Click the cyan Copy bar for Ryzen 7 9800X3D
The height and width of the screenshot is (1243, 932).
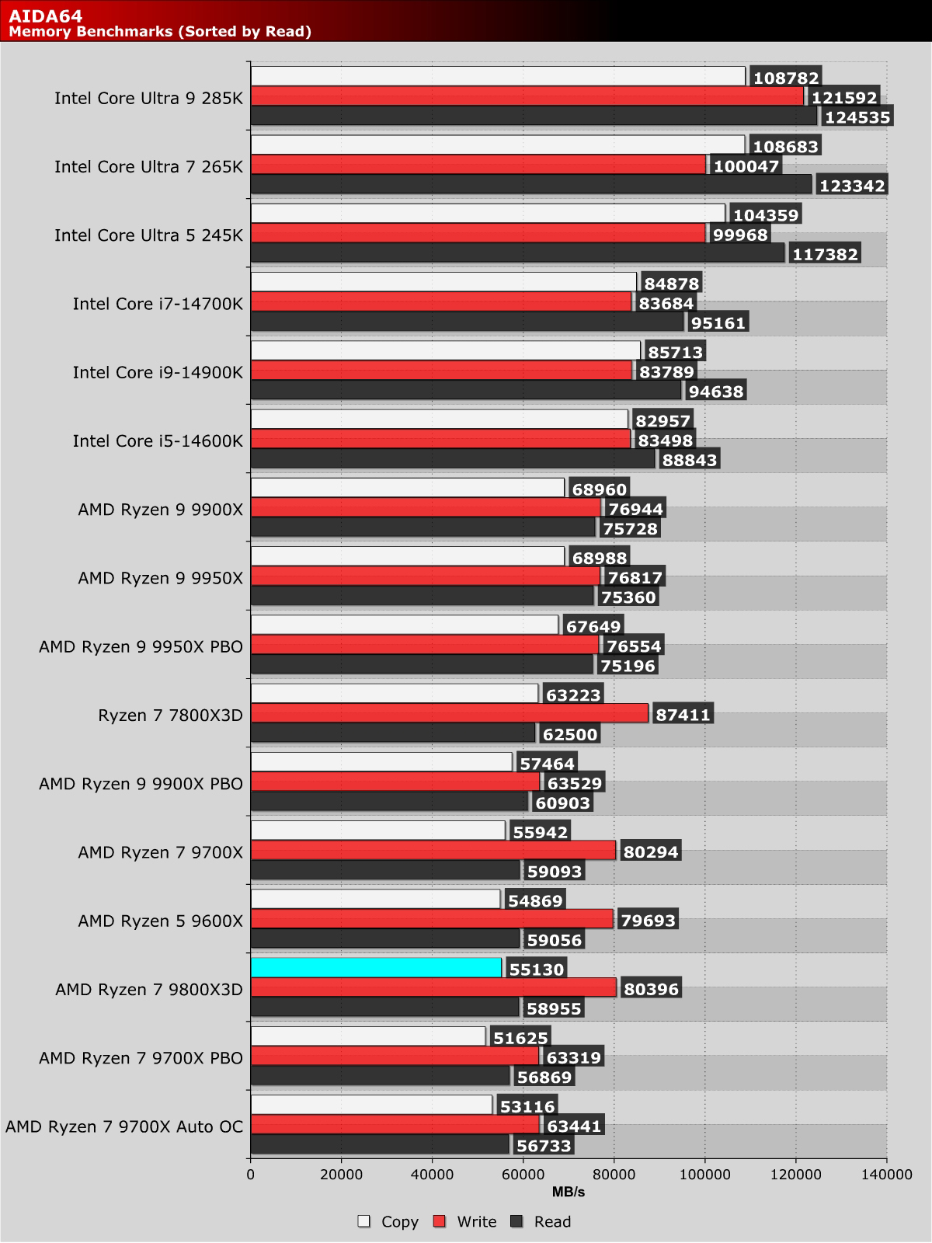coord(376,968)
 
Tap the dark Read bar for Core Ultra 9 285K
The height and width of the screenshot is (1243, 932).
coord(534,117)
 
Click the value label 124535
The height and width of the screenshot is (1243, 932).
coord(857,117)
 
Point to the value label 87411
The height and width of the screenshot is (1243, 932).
coord(683,715)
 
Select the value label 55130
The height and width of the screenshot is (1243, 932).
coord(536,969)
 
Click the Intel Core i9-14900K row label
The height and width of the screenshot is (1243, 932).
coord(158,372)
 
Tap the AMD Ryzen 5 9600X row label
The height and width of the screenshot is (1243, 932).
coord(160,921)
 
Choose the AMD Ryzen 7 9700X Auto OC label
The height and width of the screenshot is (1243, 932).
coord(124,1126)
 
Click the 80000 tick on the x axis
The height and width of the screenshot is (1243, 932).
coord(614,1175)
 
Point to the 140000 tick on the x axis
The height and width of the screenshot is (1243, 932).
coord(886,1175)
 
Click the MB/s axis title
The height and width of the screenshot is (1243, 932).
coord(569,1192)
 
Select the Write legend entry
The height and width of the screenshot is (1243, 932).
coord(466,1222)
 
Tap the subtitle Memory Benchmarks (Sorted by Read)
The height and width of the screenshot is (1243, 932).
coord(160,31)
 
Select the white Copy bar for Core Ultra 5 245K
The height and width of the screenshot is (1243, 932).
coord(487,214)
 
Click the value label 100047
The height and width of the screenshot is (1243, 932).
coord(746,165)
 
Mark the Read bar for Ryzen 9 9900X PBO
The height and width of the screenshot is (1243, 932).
coord(389,803)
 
